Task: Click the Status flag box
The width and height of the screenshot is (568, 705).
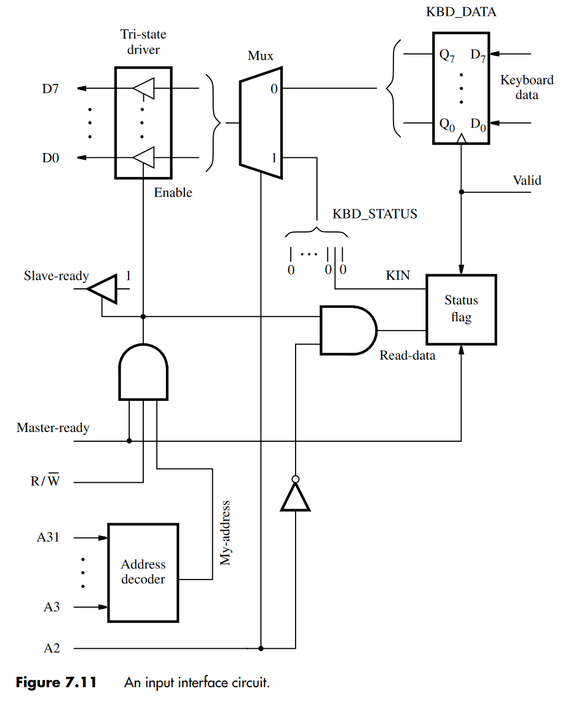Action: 461,309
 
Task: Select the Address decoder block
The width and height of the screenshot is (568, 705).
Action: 143,572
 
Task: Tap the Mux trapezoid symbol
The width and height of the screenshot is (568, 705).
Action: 261,123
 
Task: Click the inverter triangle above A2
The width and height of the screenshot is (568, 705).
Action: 296,496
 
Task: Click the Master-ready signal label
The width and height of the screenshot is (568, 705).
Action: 53,428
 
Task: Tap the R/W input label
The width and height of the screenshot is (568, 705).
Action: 45,481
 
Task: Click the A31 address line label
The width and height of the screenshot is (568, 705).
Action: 48,538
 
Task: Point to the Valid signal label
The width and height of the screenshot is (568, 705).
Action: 526,181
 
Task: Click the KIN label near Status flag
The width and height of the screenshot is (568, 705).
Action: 398,276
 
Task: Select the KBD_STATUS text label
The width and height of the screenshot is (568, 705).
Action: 375,214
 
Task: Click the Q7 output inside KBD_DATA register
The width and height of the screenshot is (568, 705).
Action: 446,54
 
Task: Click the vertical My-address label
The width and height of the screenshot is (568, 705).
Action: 225,532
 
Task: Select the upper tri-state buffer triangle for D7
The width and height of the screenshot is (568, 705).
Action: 144,89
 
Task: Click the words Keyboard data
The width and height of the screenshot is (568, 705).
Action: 526,88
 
